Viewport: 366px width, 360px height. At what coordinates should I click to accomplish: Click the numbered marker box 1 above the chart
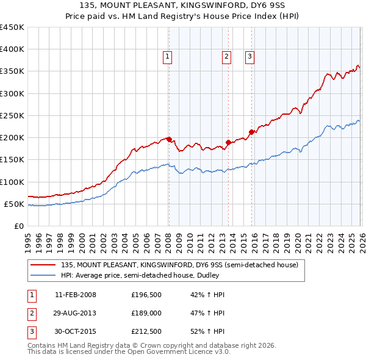tap(167, 57)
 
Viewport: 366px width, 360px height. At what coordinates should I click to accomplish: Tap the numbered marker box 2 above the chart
tap(226, 57)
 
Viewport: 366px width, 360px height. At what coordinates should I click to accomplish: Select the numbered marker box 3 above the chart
tap(250, 57)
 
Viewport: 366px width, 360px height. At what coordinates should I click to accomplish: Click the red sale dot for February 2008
tap(169, 139)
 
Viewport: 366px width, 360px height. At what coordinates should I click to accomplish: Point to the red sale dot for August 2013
tap(228, 143)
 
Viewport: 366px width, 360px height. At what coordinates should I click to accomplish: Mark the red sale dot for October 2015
tap(251, 132)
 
